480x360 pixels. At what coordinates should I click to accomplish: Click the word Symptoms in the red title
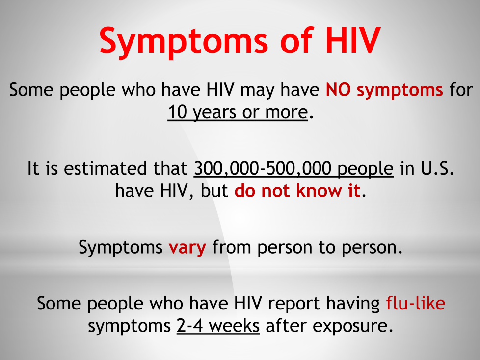pyautogui.click(x=184, y=42)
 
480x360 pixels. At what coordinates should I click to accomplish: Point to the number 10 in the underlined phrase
pyautogui.click(x=177, y=112)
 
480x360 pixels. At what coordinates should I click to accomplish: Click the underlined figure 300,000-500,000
pyautogui.click(x=263, y=169)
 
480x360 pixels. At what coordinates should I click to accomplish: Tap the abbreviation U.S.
pyautogui.click(x=437, y=168)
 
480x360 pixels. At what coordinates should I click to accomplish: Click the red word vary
pyautogui.click(x=187, y=248)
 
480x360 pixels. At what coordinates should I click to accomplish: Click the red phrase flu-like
pyautogui.click(x=415, y=303)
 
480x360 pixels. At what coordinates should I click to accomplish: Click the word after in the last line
pyautogui.click(x=286, y=326)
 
